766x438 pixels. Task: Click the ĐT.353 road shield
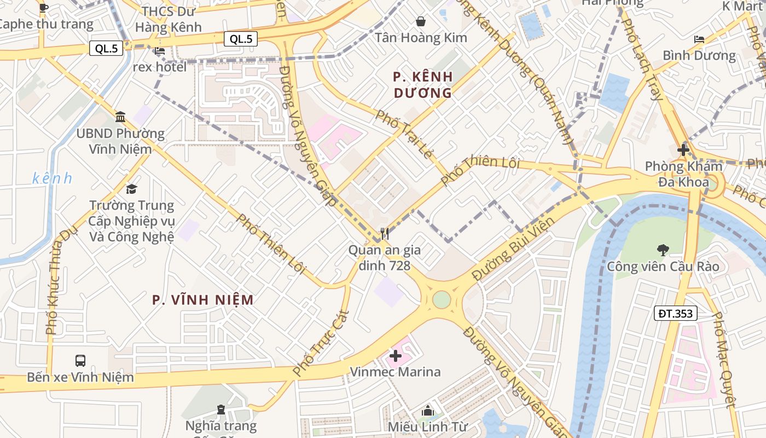tap(676, 314)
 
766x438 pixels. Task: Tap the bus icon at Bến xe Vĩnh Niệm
tap(80, 361)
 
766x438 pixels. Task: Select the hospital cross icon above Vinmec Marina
tap(395, 356)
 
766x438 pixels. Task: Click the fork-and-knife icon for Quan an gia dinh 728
tap(385, 234)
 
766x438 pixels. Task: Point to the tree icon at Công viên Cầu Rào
tap(663, 250)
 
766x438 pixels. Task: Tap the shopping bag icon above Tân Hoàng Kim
tap(421, 21)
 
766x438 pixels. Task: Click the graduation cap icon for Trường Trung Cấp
tap(131, 189)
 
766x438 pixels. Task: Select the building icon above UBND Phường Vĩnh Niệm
tap(120, 117)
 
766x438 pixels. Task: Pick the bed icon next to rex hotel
tap(160, 51)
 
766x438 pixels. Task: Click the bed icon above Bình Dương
tap(699, 39)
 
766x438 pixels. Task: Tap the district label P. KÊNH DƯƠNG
tap(423, 84)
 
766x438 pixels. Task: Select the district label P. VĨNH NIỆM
tap(203, 299)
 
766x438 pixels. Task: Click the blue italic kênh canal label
tap(52, 178)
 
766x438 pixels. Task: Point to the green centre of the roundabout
tap(442, 299)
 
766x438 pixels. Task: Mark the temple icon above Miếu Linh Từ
tap(428, 411)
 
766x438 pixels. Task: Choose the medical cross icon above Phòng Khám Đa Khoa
tap(683, 149)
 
